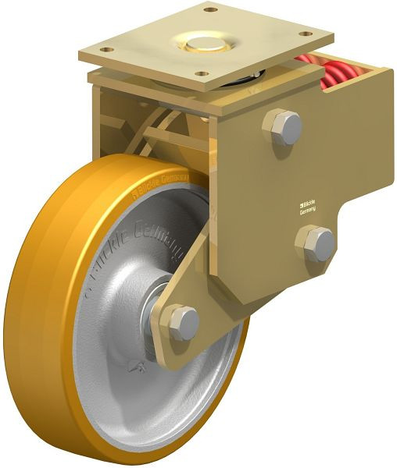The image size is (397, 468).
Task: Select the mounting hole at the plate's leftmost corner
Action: click(x=104, y=53)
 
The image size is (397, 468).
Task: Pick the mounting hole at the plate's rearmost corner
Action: click(x=209, y=10)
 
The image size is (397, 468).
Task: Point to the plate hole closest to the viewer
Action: click(x=204, y=76)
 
